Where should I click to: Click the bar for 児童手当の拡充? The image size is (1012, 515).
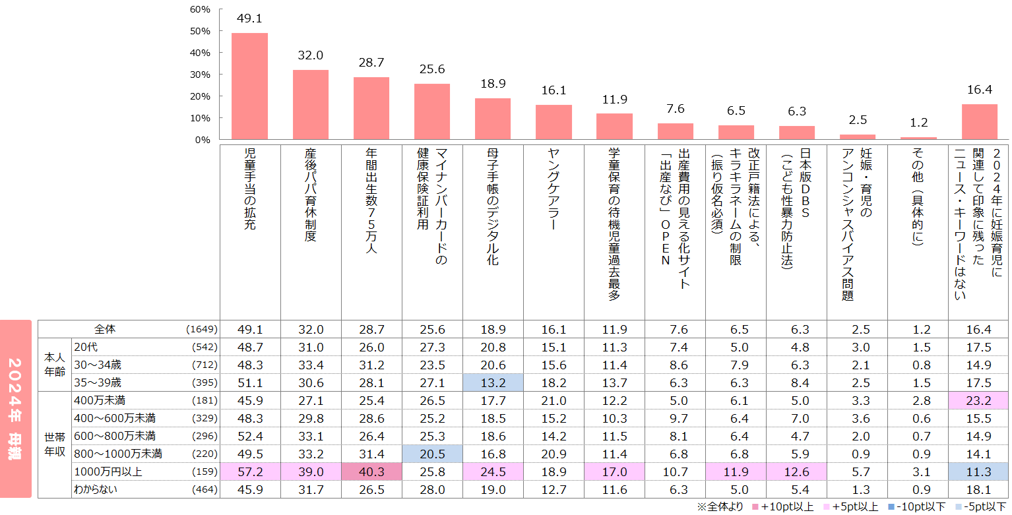point(249,86)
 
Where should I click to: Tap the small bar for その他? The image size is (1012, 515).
point(918,138)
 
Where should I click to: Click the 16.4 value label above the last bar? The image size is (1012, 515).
point(979,89)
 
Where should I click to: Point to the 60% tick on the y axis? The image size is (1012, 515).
point(200,9)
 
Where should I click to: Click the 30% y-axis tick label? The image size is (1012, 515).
point(200,75)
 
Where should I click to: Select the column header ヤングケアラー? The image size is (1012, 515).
point(553,198)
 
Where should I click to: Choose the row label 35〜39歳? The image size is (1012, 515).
point(98,382)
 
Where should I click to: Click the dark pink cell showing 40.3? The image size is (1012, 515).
point(371,471)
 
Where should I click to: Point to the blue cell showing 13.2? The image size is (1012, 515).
point(493,382)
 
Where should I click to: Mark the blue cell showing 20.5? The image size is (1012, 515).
point(432,454)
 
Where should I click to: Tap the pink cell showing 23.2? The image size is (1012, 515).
point(979,400)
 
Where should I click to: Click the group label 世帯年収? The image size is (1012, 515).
point(54,444)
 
